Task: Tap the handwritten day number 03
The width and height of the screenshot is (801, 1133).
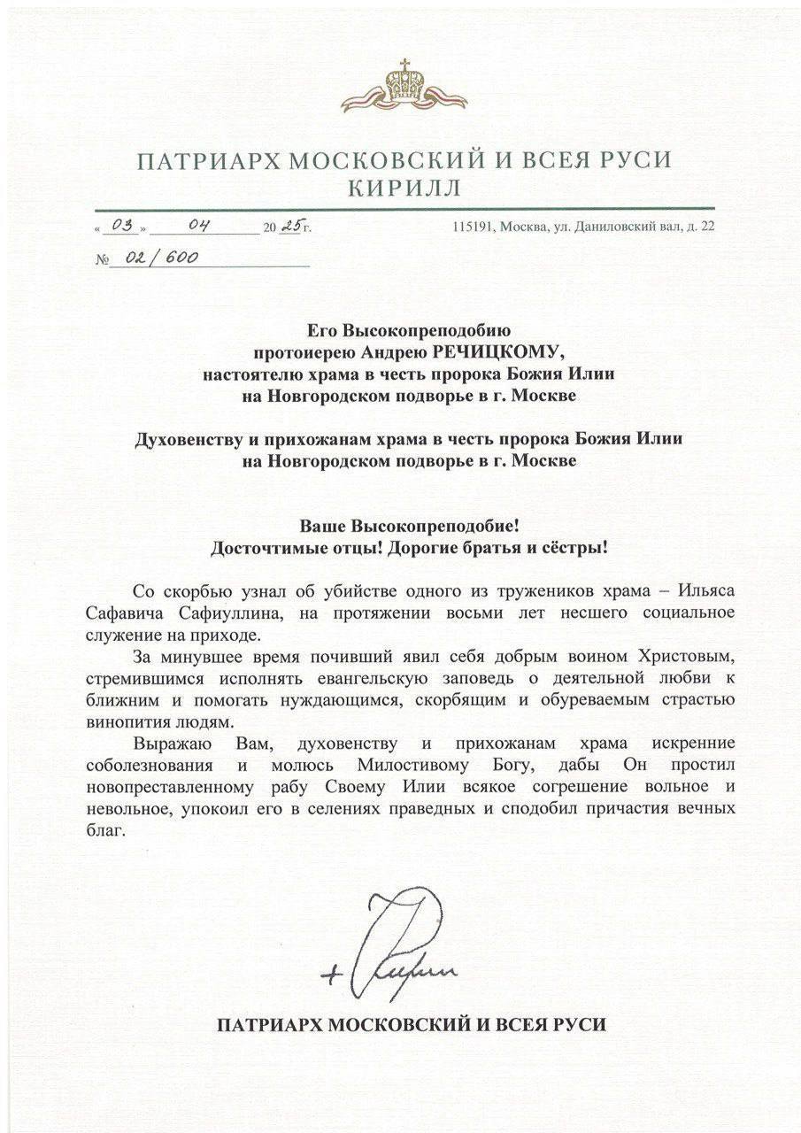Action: pyautogui.click(x=120, y=226)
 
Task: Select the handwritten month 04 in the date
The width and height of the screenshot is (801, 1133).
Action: pyautogui.click(x=196, y=226)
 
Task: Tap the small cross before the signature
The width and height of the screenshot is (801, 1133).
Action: pyautogui.click(x=333, y=975)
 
